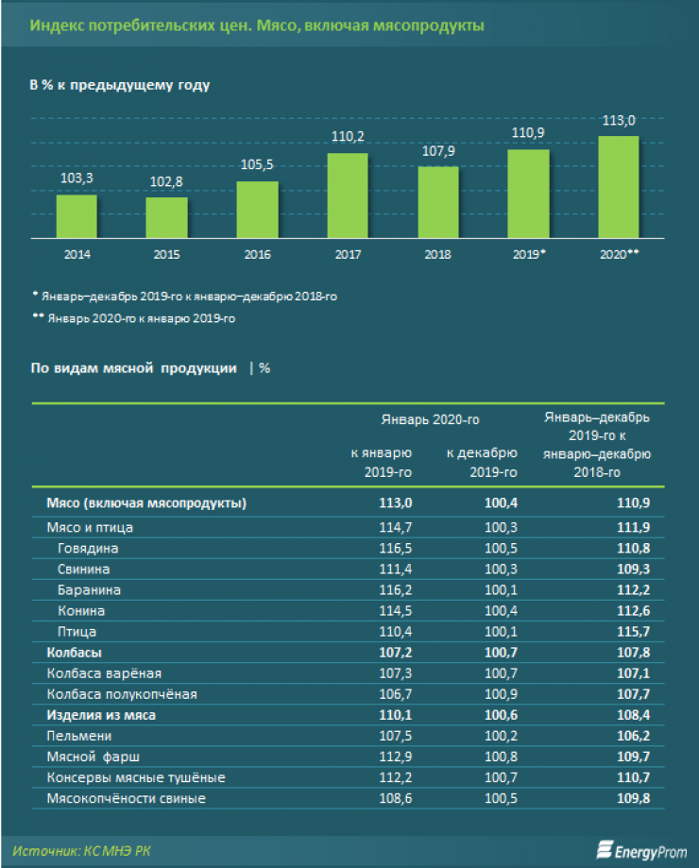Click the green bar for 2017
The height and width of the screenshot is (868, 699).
pos(348,195)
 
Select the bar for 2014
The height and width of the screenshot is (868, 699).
pos(77,216)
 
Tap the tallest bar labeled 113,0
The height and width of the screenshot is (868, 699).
pos(619,186)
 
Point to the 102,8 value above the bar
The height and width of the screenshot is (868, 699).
pos(166,181)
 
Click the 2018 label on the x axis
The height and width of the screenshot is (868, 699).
pos(438,255)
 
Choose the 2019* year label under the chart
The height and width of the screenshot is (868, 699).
pos(528,255)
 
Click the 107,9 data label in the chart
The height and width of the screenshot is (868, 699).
pos(438,151)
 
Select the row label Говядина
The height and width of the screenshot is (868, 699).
pos(91,548)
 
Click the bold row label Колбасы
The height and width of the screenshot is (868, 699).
pos(74,652)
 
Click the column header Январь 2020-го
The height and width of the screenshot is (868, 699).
pos(431,418)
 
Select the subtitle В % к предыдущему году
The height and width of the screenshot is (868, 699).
pos(120,85)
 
